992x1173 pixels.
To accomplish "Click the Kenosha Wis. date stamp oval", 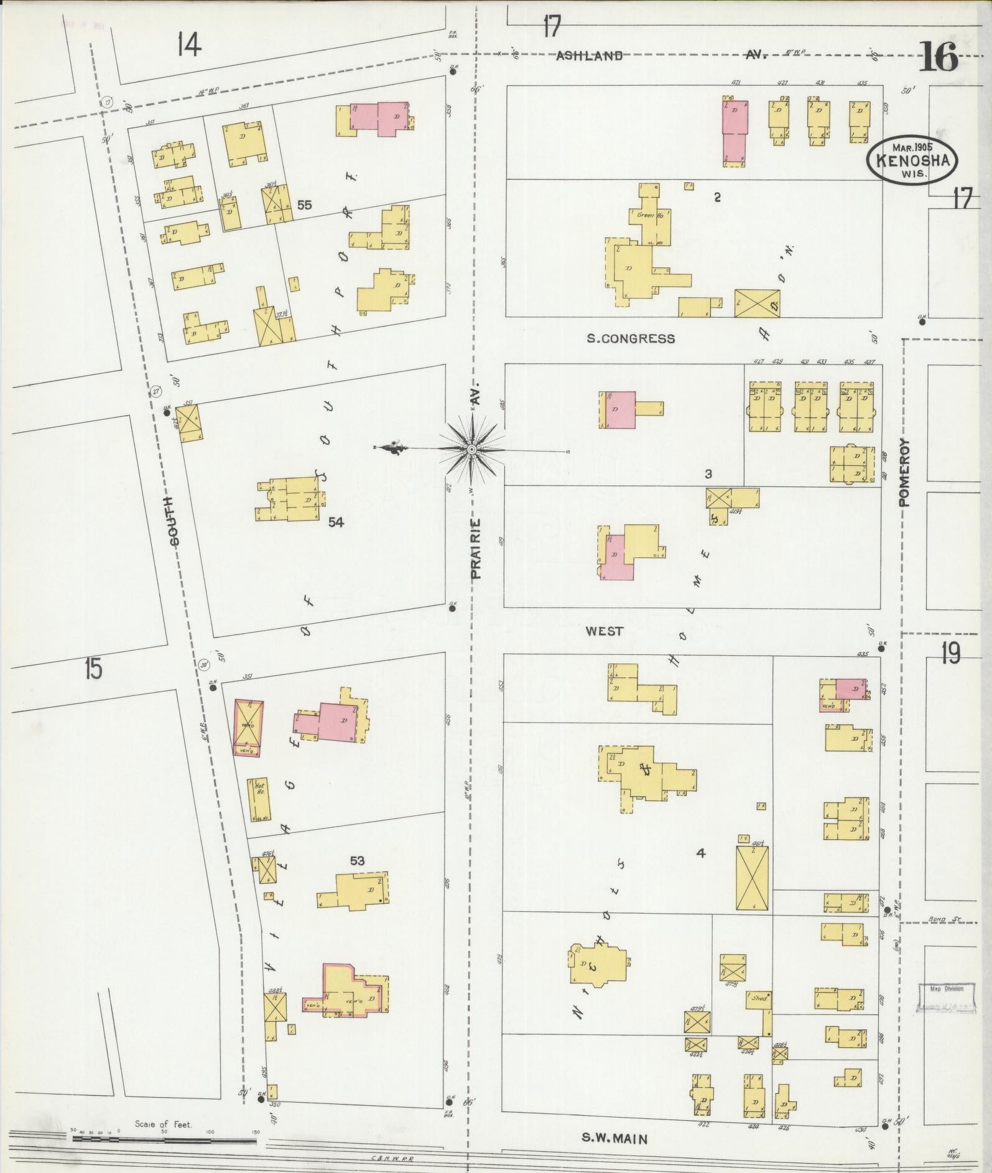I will pos(912,160).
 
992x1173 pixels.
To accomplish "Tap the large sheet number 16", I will pos(939,59).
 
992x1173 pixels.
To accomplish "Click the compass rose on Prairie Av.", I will pos(471,448).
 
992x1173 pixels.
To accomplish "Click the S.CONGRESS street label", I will pos(631,339).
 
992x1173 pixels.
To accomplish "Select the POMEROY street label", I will pos(904,472).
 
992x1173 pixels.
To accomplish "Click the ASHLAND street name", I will pos(589,56).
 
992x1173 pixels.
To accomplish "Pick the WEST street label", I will pos(605,631).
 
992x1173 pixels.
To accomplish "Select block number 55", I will pos(304,205).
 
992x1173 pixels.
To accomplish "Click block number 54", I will pos(336,522).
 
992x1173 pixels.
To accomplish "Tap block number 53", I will pos(357,861).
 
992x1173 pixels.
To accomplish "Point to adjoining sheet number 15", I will pos(93,670).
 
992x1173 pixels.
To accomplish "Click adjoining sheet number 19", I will pos(950,653).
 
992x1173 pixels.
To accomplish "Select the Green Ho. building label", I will pos(647,215).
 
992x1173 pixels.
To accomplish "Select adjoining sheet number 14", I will pos(189,45).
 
